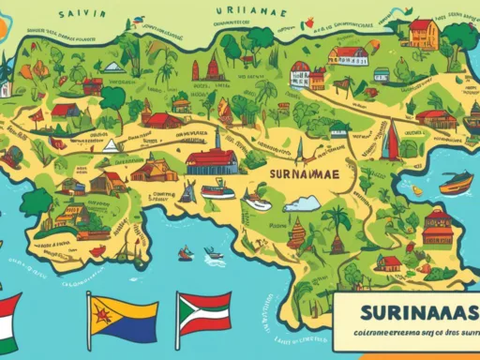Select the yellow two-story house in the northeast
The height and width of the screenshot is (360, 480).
(423, 33)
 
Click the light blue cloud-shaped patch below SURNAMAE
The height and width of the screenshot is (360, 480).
(302, 203)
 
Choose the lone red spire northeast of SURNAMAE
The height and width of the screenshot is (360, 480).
(388, 141)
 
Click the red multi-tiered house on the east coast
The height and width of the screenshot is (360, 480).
(437, 226)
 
